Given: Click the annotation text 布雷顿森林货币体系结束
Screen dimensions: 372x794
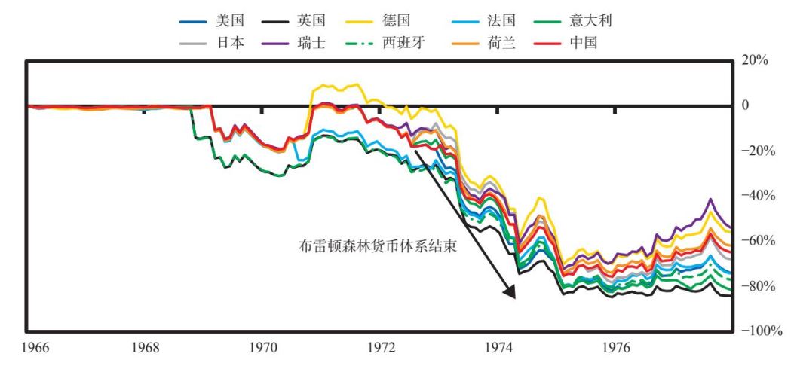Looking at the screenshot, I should pyautogui.click(x=378, y=245).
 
